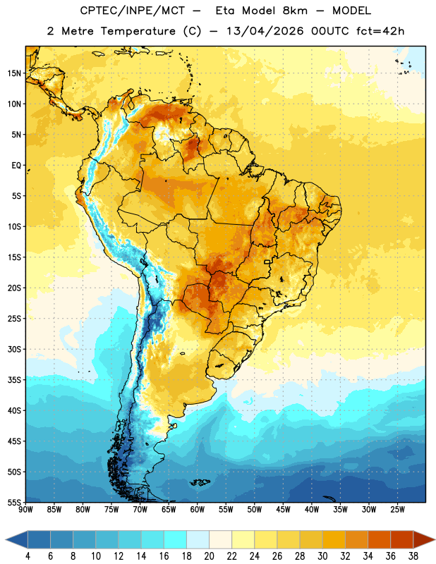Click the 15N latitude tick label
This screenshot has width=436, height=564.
coord(14,73)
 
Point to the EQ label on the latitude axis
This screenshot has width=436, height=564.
coord(16,166)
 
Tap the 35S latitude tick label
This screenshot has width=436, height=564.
coord(14,380)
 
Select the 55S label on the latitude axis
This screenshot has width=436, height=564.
coord(14,502)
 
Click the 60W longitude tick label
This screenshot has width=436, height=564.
coord(197,510)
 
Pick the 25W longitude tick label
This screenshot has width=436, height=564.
coord(397,510)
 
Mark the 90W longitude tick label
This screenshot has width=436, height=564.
coord(25,510)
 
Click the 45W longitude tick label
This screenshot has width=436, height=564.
coord(283,510)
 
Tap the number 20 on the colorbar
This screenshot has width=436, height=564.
coord(209,556)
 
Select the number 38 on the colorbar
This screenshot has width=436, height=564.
coord(413,556)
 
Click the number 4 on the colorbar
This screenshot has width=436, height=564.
coord(28,556)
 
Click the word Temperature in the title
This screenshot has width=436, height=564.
coord(138,31)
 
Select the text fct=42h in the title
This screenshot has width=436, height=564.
coord(380,31)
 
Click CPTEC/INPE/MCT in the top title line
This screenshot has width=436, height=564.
coord(133,11)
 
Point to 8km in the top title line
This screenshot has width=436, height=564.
coord(295,11)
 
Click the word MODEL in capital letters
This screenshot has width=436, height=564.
coord(351,11)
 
